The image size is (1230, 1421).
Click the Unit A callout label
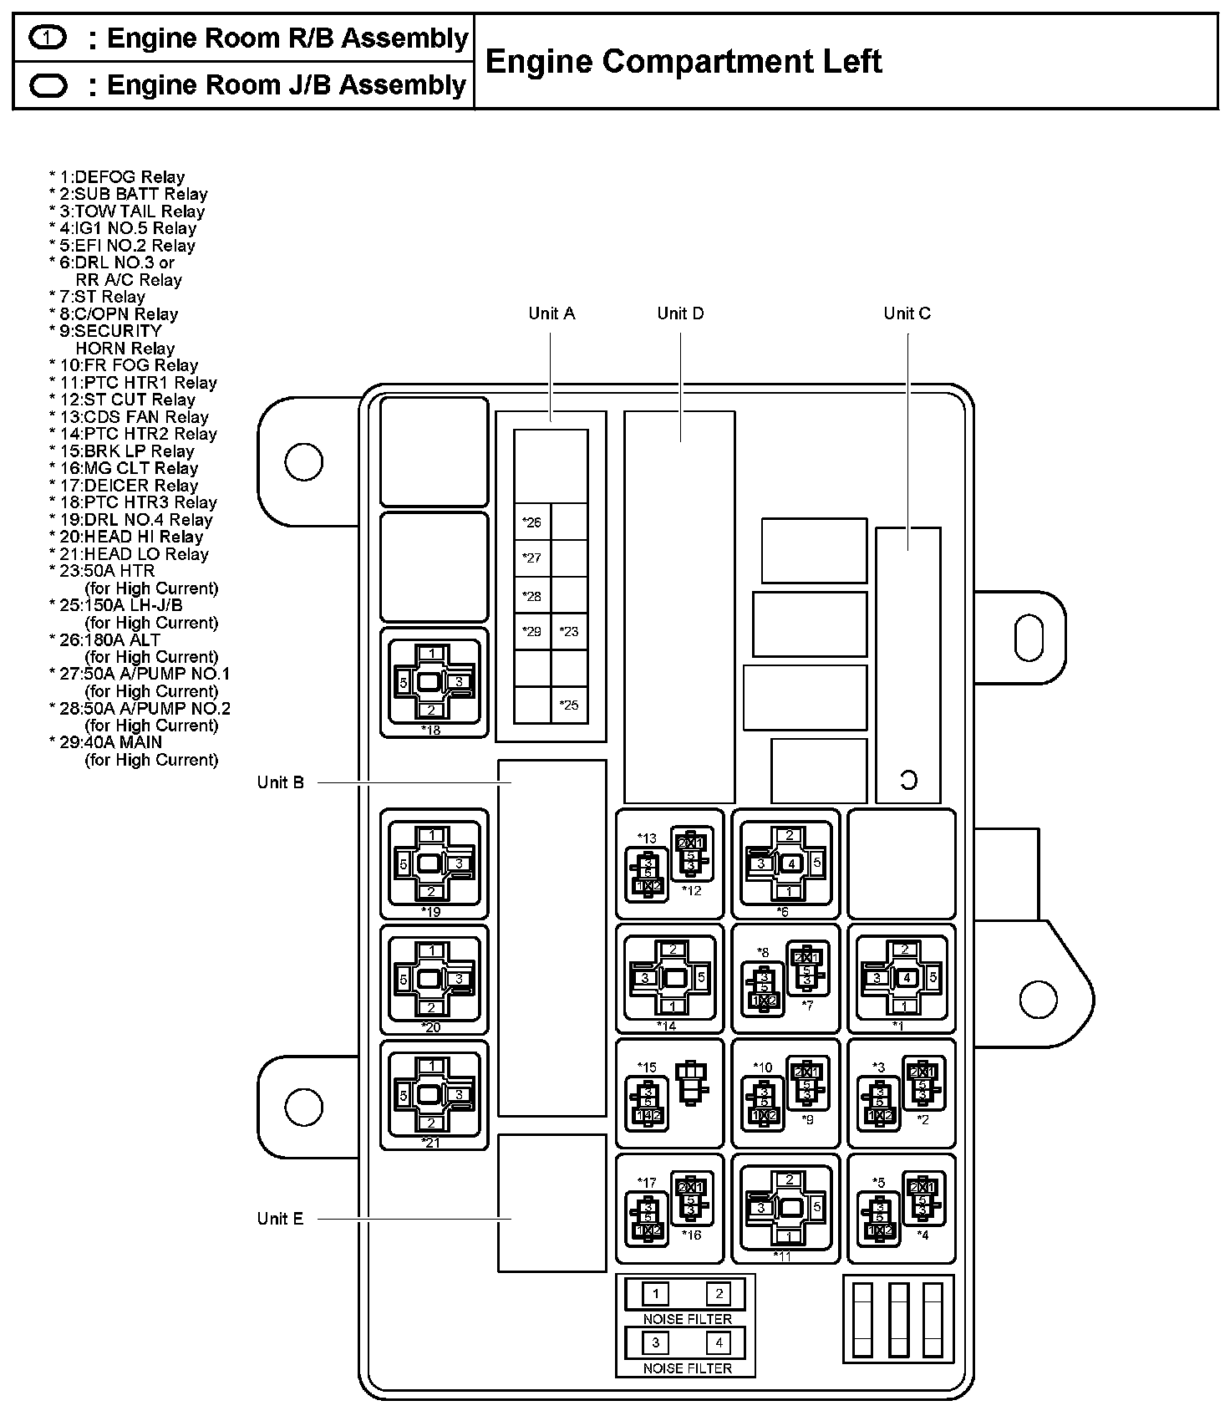pos(551,313)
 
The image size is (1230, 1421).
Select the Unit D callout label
pos(680,313)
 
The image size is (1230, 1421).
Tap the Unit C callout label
pos(907,313)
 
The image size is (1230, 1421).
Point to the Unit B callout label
pos(281,782)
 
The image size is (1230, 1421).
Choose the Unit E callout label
pos(281,1219)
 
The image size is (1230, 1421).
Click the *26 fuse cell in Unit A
pos(532,522)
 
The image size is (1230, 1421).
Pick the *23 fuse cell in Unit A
pos(569,631)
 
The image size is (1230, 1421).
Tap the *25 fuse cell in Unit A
pos(569,705)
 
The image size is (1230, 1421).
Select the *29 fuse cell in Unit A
pos(532,631)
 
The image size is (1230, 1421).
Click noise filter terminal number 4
pos(718,1342)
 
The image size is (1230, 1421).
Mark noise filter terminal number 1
pos(656,1294)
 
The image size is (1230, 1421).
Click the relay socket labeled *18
pos(434,682)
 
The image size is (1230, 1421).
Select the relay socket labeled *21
pos(434,1094)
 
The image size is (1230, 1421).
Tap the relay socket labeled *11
pos(785,1207)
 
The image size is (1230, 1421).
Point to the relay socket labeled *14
pos(670,977)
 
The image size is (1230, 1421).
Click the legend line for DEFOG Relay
pos(117,177)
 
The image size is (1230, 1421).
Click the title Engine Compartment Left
pos(683,61)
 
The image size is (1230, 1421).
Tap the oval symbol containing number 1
pos(48,38)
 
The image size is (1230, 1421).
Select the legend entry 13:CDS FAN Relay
pos(129,417)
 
